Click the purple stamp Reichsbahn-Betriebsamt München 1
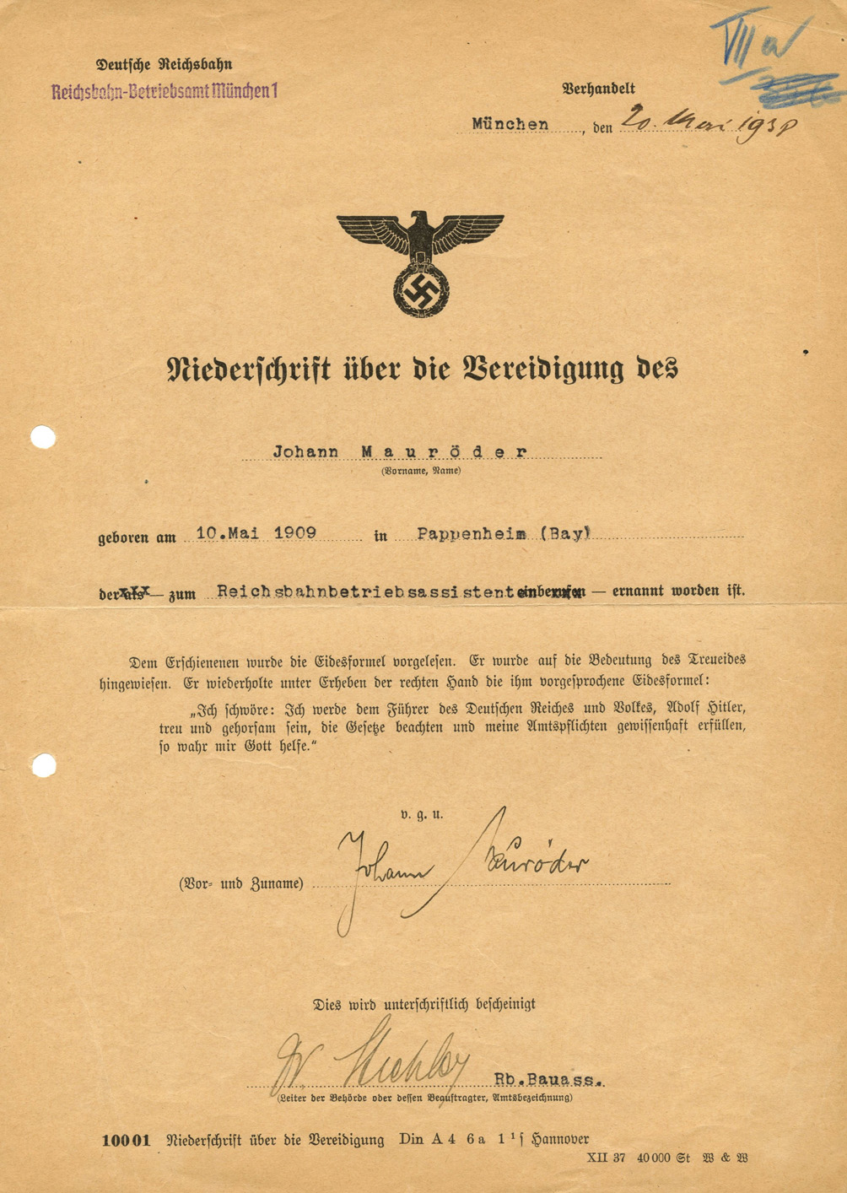pyautogui.click(x=164, y=92)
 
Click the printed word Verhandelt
pyautogui.click(x=598, y=89)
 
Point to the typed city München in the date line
pyautogui.click(x=510, y=124)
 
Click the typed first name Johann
pyautogui.click(x=305, y=452)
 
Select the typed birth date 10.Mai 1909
pyautogui.click(x=256, y=533)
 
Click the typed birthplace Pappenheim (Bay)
pyautogui.click(x=504, y=533)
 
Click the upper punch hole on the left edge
pyautogui.click(x=43, y=437)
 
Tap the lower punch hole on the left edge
pyautogui.click(x=44, y=765)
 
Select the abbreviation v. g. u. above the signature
pyautogui.click(x=422, y=815)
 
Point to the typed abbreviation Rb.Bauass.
pyautogui.click(x=548, y=1079)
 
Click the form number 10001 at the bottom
pyautogui.click(x=126, y=1141)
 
